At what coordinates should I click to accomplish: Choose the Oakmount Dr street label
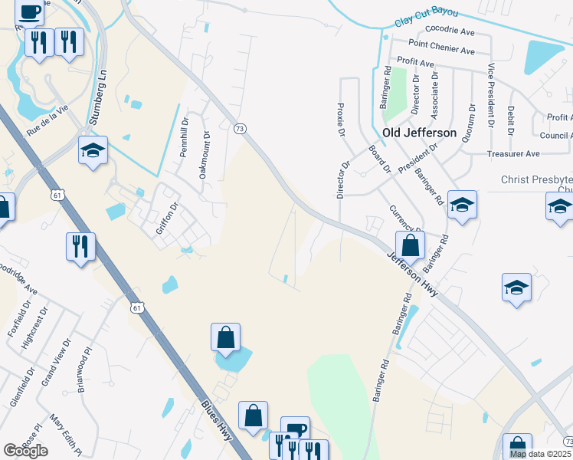[x=205, y=155]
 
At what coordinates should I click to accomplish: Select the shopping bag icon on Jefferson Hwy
[x=411, y=245]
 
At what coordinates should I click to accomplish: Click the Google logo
[x=25, y=450]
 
